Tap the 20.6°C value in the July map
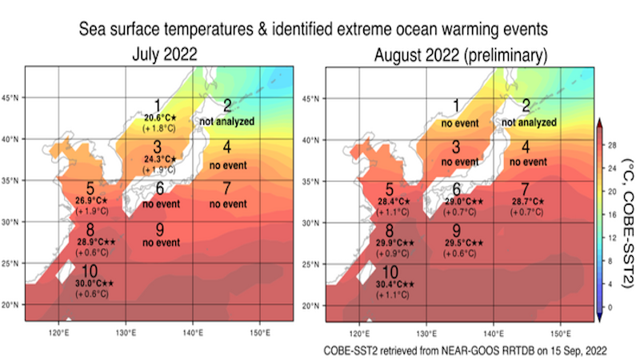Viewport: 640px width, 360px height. (158, 117)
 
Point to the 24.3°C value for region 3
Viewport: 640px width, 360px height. (158, 159)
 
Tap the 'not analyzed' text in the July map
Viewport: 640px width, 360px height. (227, 122)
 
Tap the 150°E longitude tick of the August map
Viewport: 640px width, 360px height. (560, 332)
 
